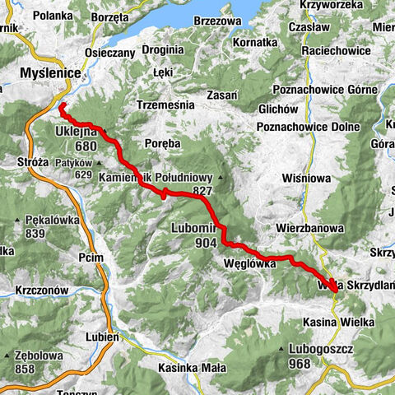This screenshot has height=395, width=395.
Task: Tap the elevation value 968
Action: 302,362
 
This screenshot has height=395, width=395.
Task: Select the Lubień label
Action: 104,337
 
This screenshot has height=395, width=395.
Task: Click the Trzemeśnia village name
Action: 165,105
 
